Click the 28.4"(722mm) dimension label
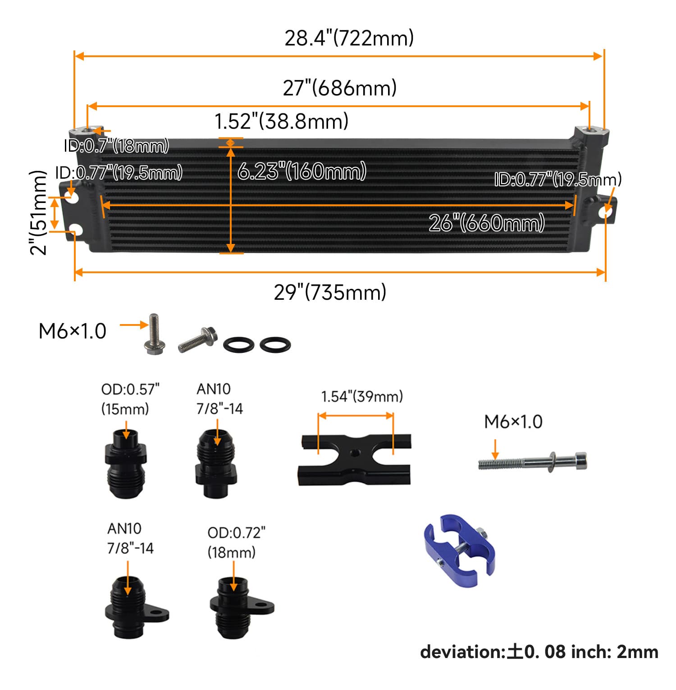349,38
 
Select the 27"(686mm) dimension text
339,88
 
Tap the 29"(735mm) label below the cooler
330,292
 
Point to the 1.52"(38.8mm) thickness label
281,121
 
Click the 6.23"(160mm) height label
301,171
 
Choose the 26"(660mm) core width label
486,223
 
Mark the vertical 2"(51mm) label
39,213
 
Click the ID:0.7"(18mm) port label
116,146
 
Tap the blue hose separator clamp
459,550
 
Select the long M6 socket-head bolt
533,461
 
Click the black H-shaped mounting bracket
354,460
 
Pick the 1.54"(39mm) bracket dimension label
362,397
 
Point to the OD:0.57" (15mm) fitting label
130,399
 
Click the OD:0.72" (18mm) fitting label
236,542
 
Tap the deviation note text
539,652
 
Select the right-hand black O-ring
275,345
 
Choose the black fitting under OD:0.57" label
126,464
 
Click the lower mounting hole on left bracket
76,230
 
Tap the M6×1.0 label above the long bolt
513,422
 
